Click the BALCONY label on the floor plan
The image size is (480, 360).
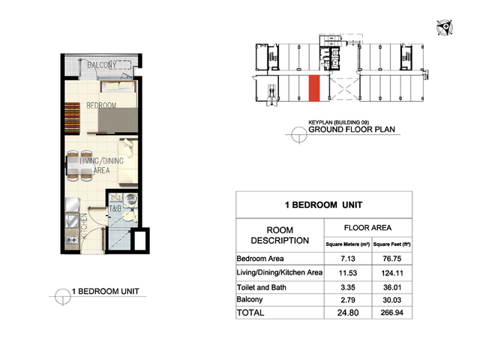pyautogui.click(x=102, y=65)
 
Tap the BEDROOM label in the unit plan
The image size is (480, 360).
pyautogui.click(x=101, y=106)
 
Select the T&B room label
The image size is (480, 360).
pyautogui.click(x=115, y=209)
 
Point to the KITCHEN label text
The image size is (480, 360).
pyautogui.click(x=84, y=226)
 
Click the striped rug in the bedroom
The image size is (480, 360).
pyautogui.click(x=72, y=118)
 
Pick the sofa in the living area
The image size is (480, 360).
pyautogui.click(x=128, y=162)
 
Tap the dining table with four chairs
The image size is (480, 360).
pyautogui.click(x=79, y=166)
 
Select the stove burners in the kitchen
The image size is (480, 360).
pyautogui.click(x=72, y=240)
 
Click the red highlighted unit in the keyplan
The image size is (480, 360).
pyautogui.click(x=314, y=88)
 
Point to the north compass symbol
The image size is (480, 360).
pyautogui.click(x=445, y=28)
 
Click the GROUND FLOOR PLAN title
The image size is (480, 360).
pyautogui.click(x=352, y=130)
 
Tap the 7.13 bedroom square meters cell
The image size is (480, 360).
pyautogui.click(x=348, y=259)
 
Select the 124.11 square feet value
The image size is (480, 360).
pyautogui.click(x=392, y=273)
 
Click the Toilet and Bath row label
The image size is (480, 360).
pyautogui.click(x=262, y=287)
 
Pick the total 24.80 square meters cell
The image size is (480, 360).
pyautogui.click(x=348, y=313)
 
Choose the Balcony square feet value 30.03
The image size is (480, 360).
pyautogui.click(x=392, y=300)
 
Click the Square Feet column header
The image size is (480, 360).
pyautogui.click(x=391, y=244)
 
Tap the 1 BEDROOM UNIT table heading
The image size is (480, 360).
pyautogui.click(x=323, y=205)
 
